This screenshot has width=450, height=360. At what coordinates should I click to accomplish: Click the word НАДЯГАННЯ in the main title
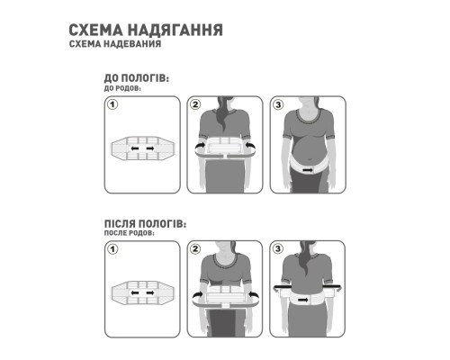point(169,30)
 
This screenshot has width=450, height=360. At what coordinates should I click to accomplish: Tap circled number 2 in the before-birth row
point(193,105)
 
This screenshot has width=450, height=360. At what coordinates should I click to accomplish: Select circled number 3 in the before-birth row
point(278,105)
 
